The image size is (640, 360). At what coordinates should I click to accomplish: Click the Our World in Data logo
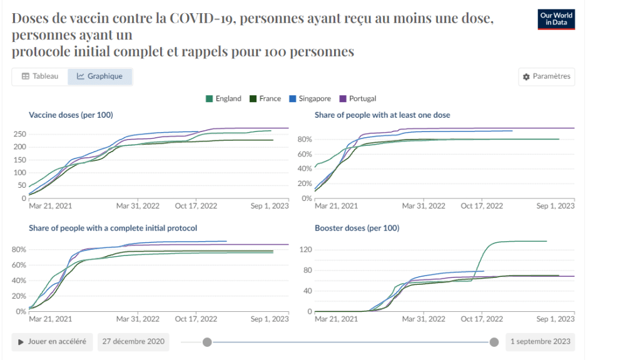click(x=556, y=19)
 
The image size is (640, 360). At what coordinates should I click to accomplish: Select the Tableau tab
click(x=40, y=76)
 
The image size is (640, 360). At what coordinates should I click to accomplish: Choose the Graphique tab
click(x=100, y=76)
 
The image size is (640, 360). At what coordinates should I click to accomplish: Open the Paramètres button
click(x=547, y=76)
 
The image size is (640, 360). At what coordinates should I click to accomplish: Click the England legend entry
click(x=223, y=98)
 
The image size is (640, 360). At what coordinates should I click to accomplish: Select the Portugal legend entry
click(x=358, y=98)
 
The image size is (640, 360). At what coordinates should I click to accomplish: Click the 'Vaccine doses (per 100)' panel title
click(x=71, y=115)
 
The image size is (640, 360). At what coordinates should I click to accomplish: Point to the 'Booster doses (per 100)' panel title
click(x=357, y=228)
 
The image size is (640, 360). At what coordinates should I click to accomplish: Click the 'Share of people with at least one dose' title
click(x=382, y=115)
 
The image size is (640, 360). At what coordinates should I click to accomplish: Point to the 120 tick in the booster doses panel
click(x=306, y=250)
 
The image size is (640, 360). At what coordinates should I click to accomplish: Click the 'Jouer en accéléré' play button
click(x=52, y=342)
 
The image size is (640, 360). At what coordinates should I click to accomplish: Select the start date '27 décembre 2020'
click(x=134, y=342)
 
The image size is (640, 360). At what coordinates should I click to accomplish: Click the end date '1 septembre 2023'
click(x=540, y=342)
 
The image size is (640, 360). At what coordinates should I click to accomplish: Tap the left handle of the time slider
click(x=207, y=342)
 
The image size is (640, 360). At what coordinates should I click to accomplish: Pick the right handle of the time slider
click(x=494, y=342)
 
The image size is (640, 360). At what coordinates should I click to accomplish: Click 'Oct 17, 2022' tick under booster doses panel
click(x=482, y=319)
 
